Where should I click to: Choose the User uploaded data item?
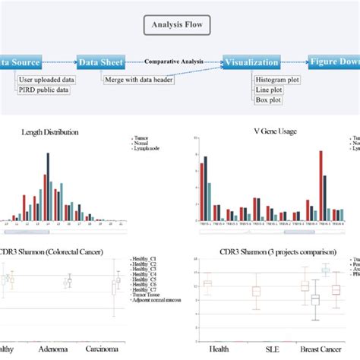[x=46, y=80]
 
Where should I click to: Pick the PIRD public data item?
[x=44, y=90]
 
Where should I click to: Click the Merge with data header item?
[x=139, y=80]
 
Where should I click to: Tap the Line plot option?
[x=267, y=89]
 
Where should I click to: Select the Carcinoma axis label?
[x=116, y=350]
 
